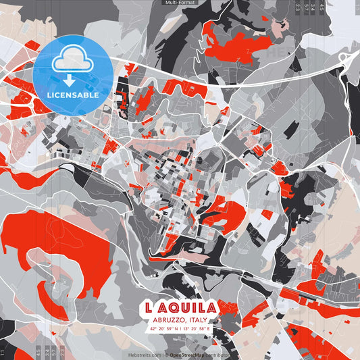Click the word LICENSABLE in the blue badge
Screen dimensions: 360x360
tap(73, 95)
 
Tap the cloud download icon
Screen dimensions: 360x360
tap(72, 61)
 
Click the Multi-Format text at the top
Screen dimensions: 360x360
tap(179, 3)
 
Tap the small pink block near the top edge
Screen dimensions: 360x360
tap(278, 27)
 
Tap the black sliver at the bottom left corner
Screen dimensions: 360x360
tap(5, 331)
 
